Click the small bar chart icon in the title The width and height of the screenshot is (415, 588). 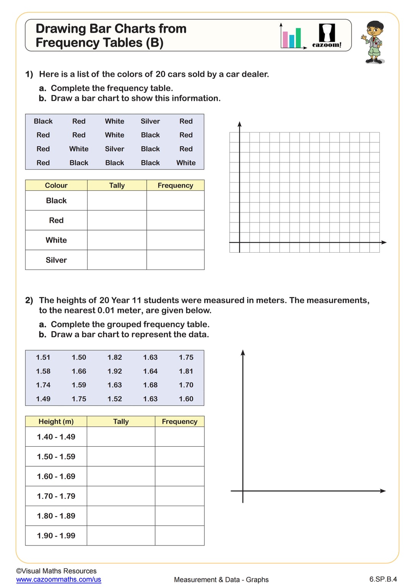click(x=292, y=37)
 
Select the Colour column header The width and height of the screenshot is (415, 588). click(x=56, y=185)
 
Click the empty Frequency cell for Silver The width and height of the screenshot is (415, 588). click(x=175, y=260)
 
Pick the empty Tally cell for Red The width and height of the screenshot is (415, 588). click(x=117, y=220)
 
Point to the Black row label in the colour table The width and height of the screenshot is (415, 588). click(x=56, y=201)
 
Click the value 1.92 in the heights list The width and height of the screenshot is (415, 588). click(x=115, y=371)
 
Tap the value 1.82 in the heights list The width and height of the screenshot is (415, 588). click(x=115, y=358)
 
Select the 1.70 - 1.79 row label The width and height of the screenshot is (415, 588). click(x=56, y=496)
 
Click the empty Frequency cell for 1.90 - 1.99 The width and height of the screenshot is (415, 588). click(x=180, y=536)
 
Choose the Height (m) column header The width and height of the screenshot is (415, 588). click(x=56, y=421)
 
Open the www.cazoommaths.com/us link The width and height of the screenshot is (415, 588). click(x=58, y=580)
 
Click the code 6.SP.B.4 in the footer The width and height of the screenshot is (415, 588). click(x=383, y=579)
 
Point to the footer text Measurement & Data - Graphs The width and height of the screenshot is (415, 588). click(x=221, y=580)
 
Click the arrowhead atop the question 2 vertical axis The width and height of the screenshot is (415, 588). click(x=243, y=353)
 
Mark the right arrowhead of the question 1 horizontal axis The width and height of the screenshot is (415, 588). click(x=384, y=242)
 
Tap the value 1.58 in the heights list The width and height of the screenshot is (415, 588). click(x=43, y=371)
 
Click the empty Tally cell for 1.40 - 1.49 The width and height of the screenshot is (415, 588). click(x=121, y=437)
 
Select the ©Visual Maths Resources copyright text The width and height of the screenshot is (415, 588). click(x=56, y=571)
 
